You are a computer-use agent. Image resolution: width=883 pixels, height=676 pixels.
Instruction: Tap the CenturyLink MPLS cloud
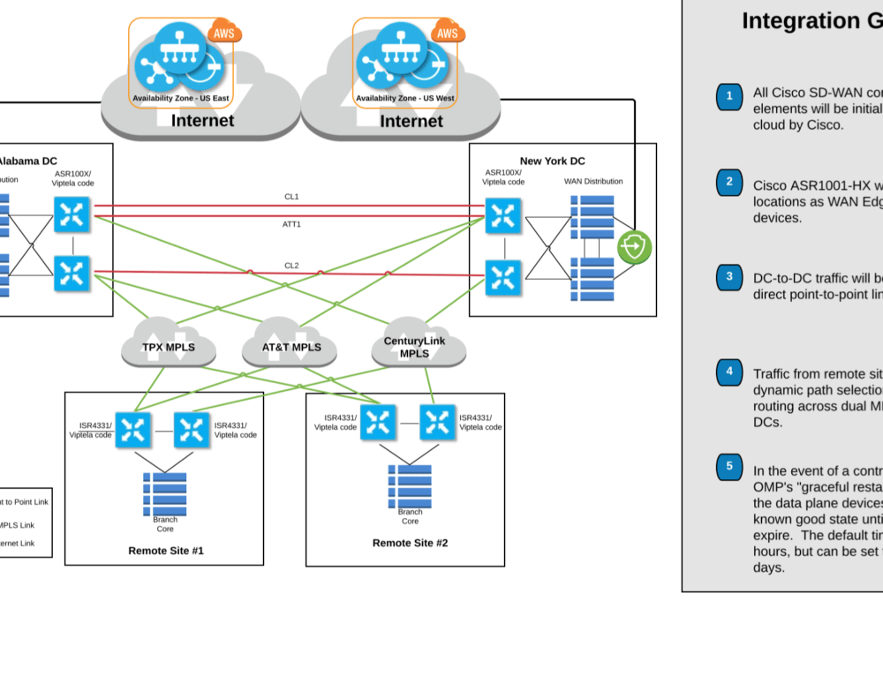[x=414, y=347]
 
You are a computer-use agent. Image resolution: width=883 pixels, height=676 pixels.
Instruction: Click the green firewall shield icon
[x=634, y=246]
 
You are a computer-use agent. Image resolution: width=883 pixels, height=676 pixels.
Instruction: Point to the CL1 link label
[x=291, y=197]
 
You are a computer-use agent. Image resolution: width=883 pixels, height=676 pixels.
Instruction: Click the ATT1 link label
[x=291, y=224]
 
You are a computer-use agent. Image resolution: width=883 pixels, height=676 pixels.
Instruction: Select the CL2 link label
[x=291, y=265]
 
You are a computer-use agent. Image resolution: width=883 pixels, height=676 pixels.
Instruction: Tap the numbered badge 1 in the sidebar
[x=728, y=96]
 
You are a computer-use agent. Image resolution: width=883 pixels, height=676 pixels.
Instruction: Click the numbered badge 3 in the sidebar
[x=728, y=276]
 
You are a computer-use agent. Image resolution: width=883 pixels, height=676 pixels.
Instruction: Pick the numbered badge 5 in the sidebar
[x=728, y=466]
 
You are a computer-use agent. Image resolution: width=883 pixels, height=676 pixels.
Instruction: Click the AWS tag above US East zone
[x=224, y=34]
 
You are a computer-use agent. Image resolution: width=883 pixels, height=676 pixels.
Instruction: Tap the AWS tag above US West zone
[x=448, y=34]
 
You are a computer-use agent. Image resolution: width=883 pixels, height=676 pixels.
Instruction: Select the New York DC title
[x=552, y=161]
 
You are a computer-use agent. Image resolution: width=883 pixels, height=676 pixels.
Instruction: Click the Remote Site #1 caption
[x=166, y=550]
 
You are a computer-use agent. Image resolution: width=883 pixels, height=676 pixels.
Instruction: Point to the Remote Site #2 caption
[x=410, y=543]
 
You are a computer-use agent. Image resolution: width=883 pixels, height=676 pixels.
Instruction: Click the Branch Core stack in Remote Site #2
[x=410, y=485]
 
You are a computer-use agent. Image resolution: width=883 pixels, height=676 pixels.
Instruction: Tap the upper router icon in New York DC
[x=503, y=215]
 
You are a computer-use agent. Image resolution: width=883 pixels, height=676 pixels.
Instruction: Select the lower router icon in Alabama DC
[x=72, y=274]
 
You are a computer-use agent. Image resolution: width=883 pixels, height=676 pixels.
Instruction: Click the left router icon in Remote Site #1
[x=134, y=431]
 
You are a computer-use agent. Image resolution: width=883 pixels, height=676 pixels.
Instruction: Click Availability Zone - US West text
[x=404, y=98]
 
